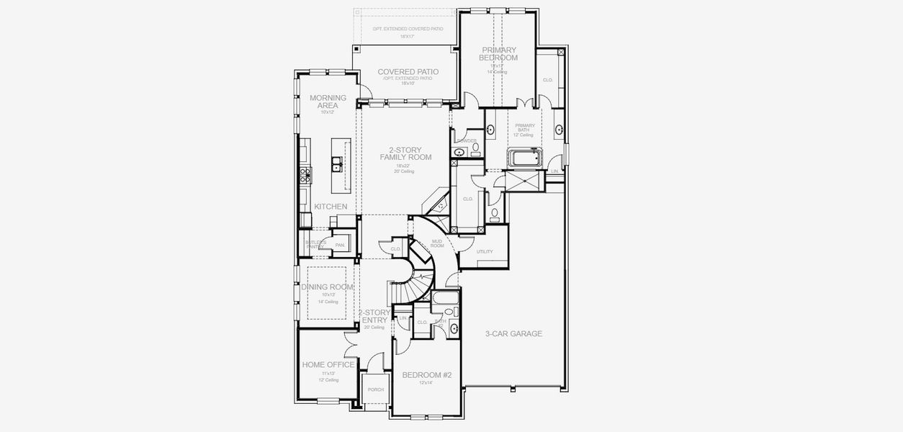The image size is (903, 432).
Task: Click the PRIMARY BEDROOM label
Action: pyautogui.click(x=499, y=54)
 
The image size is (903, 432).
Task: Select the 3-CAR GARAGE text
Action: pyautogui.click(x=513, y=334)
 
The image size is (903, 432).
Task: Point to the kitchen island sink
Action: pyautogui.click(x=336, y=168)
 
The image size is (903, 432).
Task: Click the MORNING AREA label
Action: pyautogui.click(x=328, y=102)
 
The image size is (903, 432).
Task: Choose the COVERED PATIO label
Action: pyautogui.click(x=408, y=72)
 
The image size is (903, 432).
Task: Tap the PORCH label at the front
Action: pyautogui.click(x=375, y=390)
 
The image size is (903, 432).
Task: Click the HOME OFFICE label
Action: pyautogui.click(x=328, y=365)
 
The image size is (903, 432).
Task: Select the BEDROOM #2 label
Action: pyautogui.click(x=426, y=375)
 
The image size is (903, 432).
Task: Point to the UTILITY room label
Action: pyautogui.click(x=485, y=252)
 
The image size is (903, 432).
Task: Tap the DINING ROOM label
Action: pyautogui.click(x=328, y=287)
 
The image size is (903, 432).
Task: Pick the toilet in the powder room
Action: pyautogui.click(x=475, y=148)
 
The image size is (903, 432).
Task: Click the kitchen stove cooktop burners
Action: pyautogui.click(x=305, y=173)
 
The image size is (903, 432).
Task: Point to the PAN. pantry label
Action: pyautogui.click(x=340, y=246)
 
